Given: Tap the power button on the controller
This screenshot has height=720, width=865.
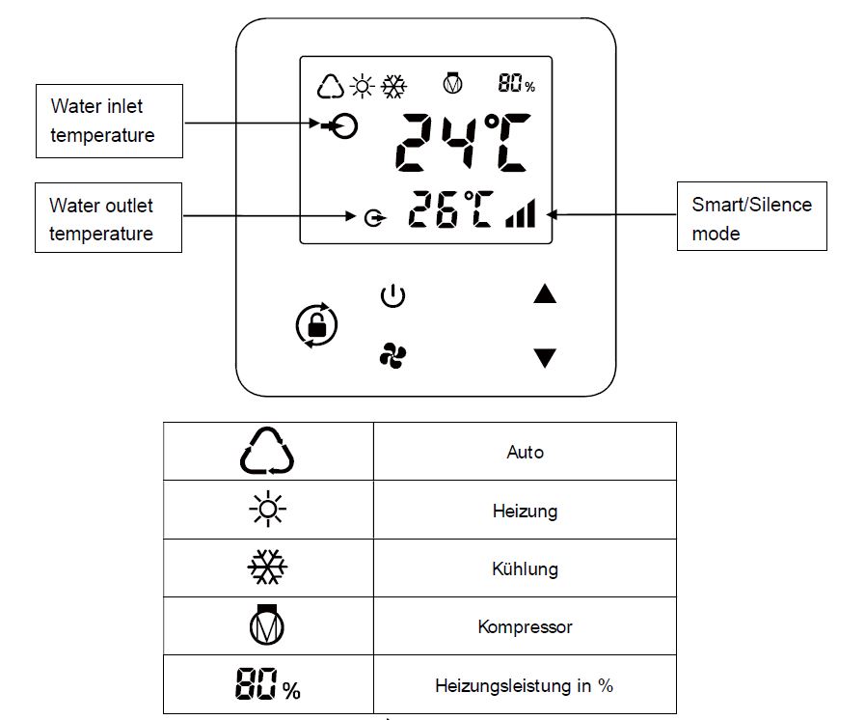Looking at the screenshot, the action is pyautogui.click(x=392, y=295).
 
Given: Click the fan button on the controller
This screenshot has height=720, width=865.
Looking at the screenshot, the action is pyautogui.click(x=392, y=355).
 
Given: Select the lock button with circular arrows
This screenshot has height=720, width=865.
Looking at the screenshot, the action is pyautogui.click(x=316, y=325).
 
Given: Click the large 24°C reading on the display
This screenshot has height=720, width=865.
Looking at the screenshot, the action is pyautogui.click(x=463, y=142).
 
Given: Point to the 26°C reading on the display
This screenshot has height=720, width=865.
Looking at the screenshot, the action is pyautogui.click(x=450, y=209).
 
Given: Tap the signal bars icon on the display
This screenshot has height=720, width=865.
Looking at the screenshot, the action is pyautogui.click(x=520, y=213).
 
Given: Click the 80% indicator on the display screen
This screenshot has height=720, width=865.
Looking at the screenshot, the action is pyautogui.click(x=516, y=83).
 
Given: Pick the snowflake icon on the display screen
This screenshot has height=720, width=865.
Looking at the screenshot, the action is pyautogui.click(x=393, y=86).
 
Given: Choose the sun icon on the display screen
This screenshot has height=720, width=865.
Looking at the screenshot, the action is pyautogui.click(x=362, y=86).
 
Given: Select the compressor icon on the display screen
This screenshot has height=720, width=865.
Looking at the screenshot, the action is pyautogui.click(x=453, y=83).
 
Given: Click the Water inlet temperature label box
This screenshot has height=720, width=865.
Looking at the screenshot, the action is pyautogui.click(x=109, y=121).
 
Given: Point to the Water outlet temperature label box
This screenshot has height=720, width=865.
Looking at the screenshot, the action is pyautogui.click(x=109, y=217).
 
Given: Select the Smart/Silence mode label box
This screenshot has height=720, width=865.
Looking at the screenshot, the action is pyautogui.click(x=752, y=216).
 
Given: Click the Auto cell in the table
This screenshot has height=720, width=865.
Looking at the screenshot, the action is pyautogui.click(x=525, y=452).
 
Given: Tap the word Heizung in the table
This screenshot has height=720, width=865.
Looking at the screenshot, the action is pyautogui.click(x=525, y=511).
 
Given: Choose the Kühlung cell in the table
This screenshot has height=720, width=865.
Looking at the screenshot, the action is pyautogui.click(x=525, y=568).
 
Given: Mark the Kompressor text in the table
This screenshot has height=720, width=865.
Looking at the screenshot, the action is pyautogui.click(x=525, y=626).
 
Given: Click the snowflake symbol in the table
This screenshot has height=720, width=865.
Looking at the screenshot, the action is pyautogui.click(x=267, y=568).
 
